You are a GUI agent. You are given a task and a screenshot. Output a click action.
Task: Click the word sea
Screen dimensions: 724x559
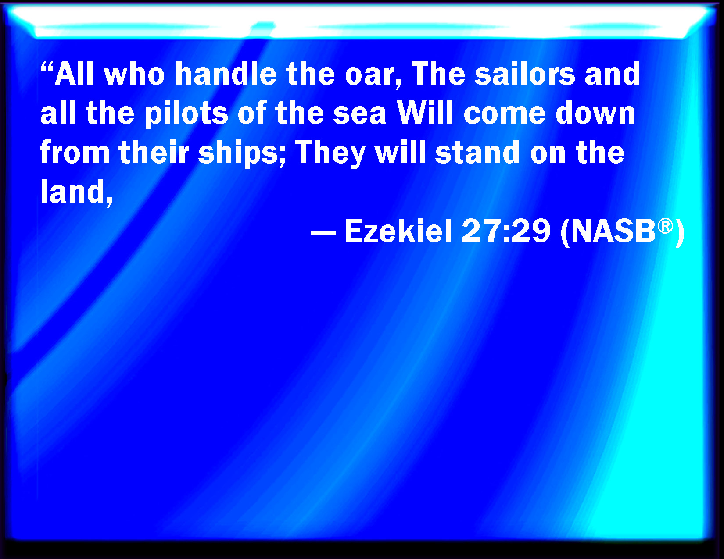[x=359, y=116]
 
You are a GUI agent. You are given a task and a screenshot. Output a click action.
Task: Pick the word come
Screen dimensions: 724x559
[x=505, y=116]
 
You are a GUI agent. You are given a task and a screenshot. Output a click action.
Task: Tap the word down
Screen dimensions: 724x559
[x=595, y=113]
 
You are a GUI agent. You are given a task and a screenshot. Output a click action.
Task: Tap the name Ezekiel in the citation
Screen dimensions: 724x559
[x=398, y=231]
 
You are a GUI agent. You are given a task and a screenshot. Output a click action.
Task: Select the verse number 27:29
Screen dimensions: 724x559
[x=506, y=231]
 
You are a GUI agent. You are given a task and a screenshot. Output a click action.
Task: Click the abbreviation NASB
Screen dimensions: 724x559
[x=613, y=231]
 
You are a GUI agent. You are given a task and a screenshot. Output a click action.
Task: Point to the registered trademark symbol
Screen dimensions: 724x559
[x=665, y=226]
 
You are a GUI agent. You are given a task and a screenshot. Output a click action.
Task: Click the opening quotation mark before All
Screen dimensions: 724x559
[x=47, y=67]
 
